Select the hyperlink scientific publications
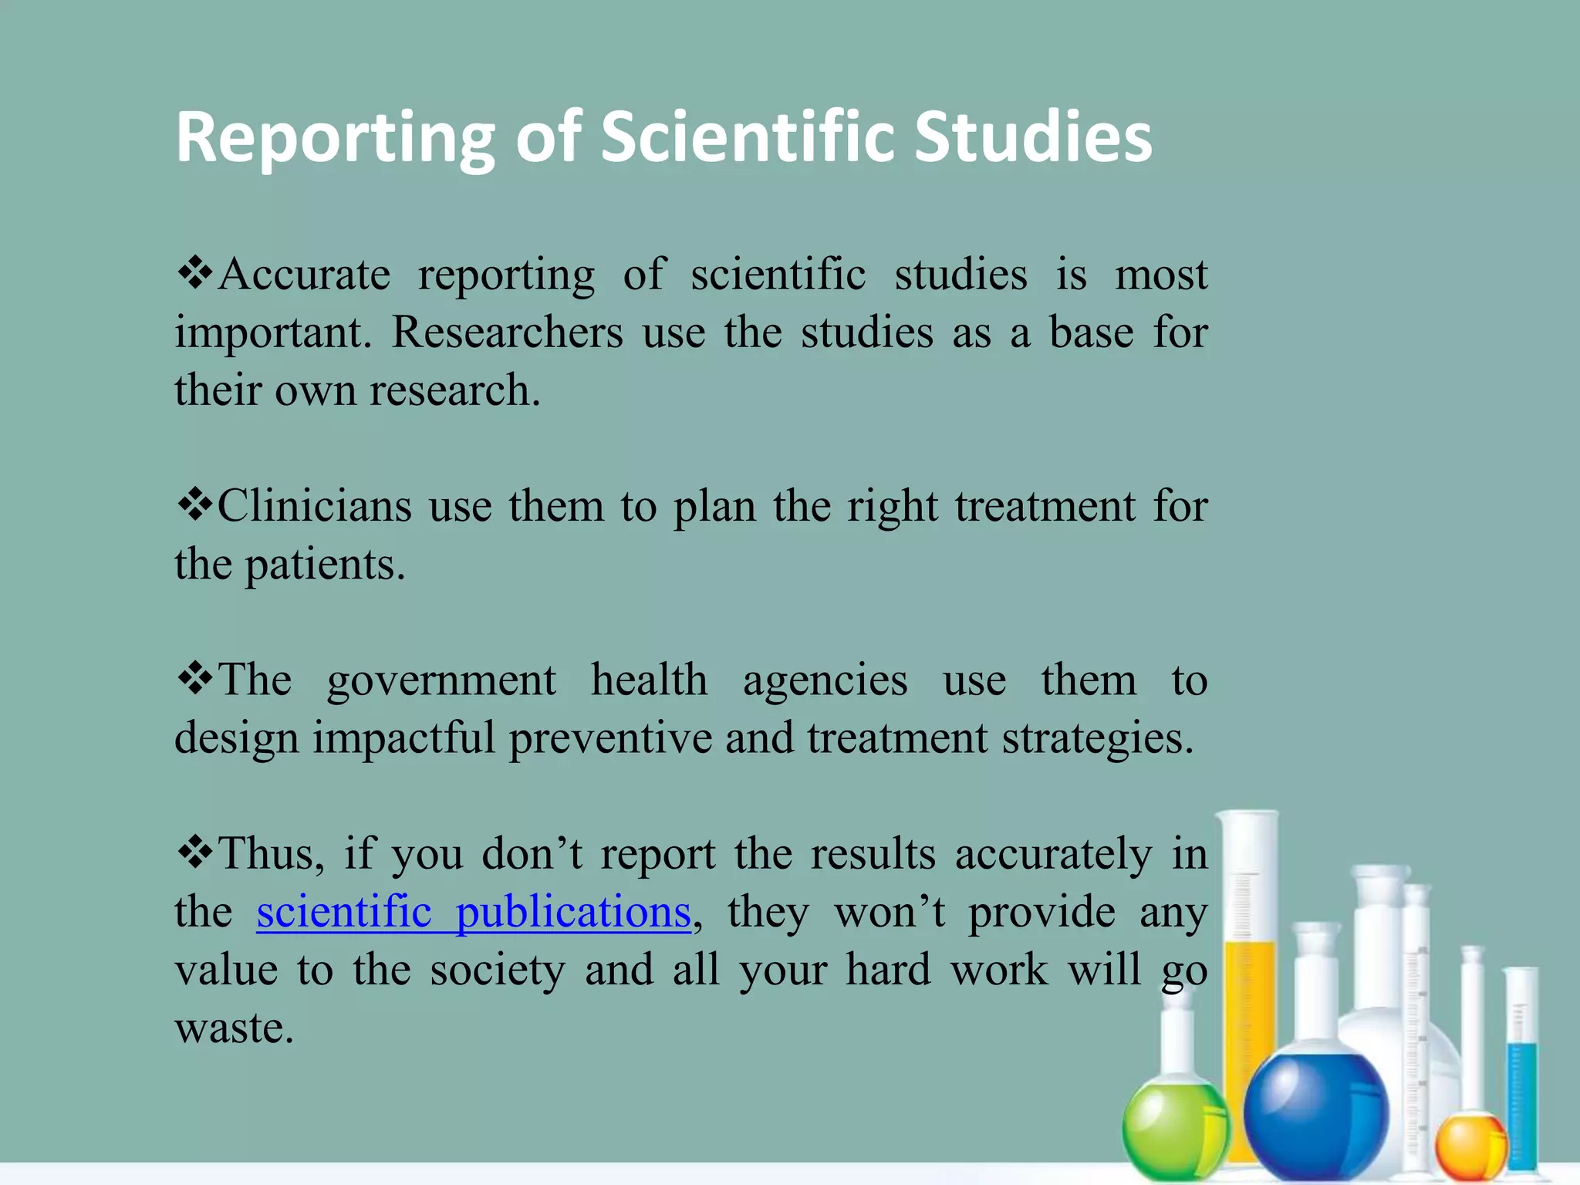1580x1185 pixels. [x=473, y=913]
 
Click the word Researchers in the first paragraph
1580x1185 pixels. [x=507, y=333]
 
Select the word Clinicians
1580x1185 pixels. [x=315, y=507]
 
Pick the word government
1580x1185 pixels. [x=441, y=681]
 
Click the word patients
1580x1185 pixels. [x=324, y=565]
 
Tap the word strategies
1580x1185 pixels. [x=1097, y=738]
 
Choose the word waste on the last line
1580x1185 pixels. [x=234, y=1028]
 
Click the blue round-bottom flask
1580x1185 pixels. [x=1316, y=1112]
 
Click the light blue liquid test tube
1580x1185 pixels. [x=1522, y=1096]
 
